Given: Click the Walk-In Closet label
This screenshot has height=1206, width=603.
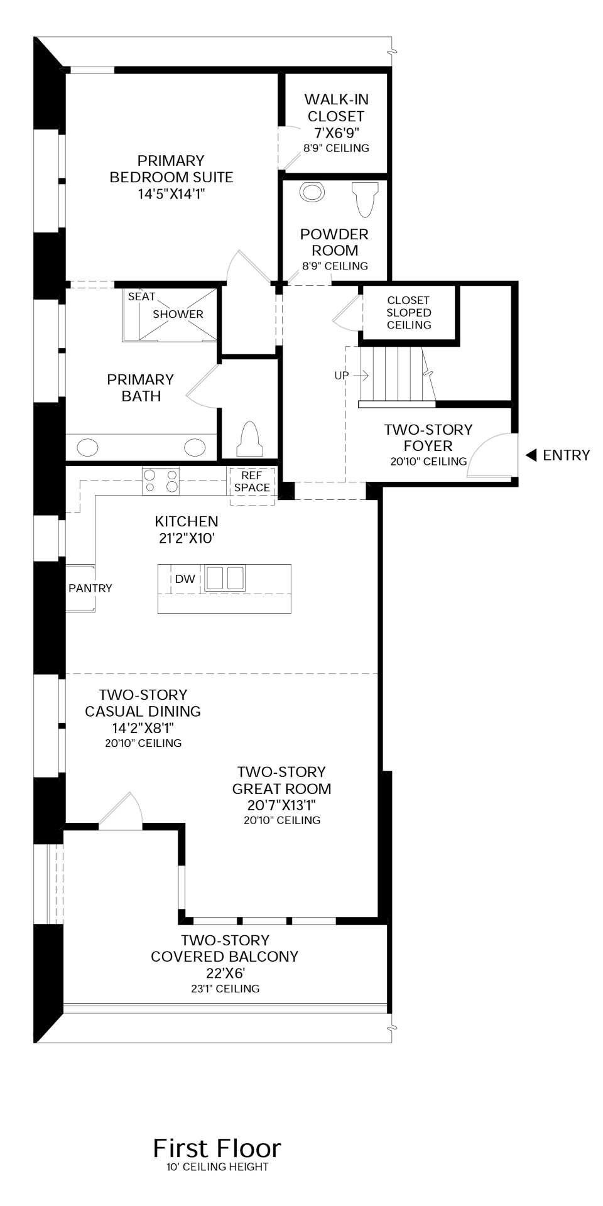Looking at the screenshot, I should [x=336, y=107].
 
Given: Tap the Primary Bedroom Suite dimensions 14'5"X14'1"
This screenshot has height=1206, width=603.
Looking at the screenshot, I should [x=171, y=194].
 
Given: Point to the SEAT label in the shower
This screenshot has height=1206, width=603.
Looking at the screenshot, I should [x=141, y=296].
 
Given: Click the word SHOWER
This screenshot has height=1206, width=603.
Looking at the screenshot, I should [x=178, y=314].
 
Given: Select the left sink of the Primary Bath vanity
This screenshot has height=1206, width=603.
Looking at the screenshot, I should [x=87, y=448].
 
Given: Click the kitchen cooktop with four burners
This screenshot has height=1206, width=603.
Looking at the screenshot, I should [x=161, y=481].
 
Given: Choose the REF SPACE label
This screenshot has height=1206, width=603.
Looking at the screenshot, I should [x=252, y=482].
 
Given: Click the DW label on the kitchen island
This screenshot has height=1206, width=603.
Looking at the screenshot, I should [x=185, y=579].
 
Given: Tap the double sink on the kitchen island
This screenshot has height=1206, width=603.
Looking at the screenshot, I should [x=225, y=578].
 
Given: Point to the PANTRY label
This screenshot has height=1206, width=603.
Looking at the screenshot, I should [x=90, y=588].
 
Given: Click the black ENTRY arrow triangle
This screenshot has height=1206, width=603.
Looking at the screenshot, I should [x=531, y=455].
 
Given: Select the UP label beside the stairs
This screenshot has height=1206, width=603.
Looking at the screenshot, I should [x=342, y=375].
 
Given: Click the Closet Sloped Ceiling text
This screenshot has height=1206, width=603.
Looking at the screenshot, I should [x=409, y=312].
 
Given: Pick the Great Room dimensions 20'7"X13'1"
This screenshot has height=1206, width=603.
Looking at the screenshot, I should [x=281, y=805].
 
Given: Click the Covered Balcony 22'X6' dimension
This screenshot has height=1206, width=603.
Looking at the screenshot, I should [x=224, y=973].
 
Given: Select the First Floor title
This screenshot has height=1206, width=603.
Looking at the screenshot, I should [x=217, y=1148].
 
